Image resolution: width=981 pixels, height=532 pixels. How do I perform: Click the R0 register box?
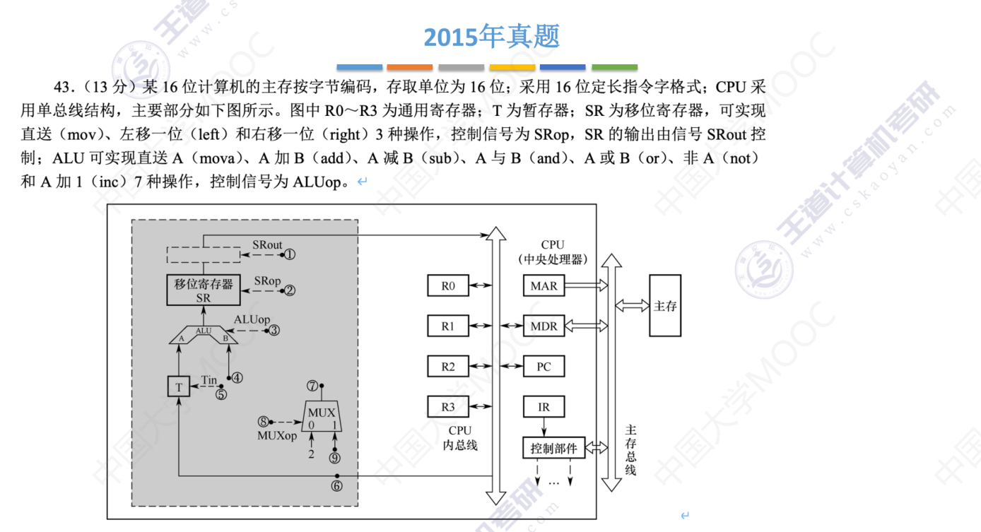448,285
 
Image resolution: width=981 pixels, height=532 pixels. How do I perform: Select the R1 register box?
448,326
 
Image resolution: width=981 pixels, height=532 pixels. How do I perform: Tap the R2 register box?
448,367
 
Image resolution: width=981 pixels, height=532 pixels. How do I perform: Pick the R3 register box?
448,407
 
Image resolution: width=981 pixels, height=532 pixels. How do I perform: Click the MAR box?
544,285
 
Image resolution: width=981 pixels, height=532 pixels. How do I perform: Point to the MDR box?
544,326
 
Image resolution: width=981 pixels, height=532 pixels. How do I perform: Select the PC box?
544,367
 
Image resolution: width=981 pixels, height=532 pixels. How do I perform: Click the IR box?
544,407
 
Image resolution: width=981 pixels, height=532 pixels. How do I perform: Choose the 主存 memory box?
665,305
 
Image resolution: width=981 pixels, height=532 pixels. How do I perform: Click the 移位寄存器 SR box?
204,290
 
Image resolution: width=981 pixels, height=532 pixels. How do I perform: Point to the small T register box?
179,386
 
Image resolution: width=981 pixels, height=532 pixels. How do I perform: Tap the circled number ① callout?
290,254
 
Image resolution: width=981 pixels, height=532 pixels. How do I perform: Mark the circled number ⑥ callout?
336,485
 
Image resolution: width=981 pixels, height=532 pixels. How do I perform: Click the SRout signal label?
267,245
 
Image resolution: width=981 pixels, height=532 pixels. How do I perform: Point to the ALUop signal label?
252,319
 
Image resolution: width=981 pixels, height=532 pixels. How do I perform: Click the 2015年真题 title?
491,36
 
